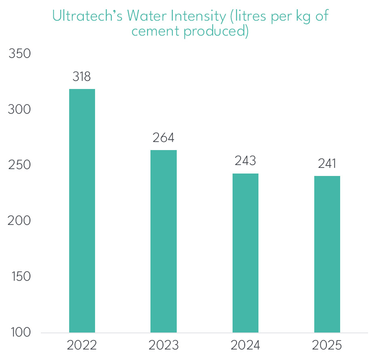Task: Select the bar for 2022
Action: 82,210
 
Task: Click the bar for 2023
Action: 163,241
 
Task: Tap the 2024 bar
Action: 245,253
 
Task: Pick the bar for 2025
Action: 327,254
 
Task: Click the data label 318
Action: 82,76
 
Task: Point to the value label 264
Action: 163,138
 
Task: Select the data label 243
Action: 245,161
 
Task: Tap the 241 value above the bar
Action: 327,163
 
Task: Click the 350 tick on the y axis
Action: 20,54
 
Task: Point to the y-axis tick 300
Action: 20,110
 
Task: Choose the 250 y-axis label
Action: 20,165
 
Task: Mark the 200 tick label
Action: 20,221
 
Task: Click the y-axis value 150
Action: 20,277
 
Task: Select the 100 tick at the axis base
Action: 20,332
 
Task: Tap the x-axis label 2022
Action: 82,345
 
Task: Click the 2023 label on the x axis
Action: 163,345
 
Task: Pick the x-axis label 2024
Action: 245,345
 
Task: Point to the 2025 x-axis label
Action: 327,345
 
